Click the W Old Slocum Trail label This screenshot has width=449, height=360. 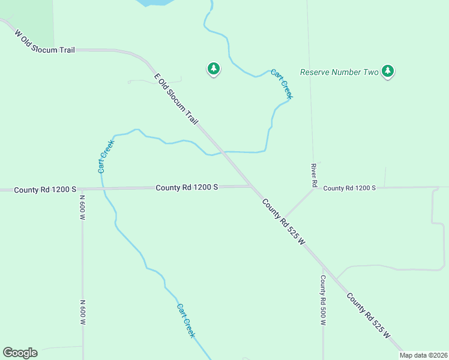pyautogui.click(x=44, y=40)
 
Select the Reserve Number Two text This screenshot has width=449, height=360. pyautogui.click(x=339, y=72)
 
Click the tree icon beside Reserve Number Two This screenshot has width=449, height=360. pyautogui.click(x=388, y=72)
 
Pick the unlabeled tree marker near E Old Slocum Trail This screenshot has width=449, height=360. pyautogui.click(x=213, y=69)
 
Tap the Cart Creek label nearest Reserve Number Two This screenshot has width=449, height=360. pyautogui.click(x=282, y=83)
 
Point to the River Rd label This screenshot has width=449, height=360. pyautogui.click(x=313, y=176)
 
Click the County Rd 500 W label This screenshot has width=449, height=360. pyautogui.click(x=323, y=300)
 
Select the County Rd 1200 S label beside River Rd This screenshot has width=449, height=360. pyautogui.click(x=349, y=188)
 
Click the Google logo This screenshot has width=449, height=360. pyautogui.click(x=20, y=353)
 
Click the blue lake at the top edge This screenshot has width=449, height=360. pyautogui.click(x=153, y=2)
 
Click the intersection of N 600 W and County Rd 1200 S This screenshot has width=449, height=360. pyautogui.click(x=83, y=190)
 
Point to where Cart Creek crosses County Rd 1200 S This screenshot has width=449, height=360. pyautogui.click(x=103, y=189)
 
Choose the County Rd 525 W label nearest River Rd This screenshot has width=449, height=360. pyautogui.click(x=283, y=222)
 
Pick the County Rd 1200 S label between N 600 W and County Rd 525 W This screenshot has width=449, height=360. pyautogui.click(x=187, y=187)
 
